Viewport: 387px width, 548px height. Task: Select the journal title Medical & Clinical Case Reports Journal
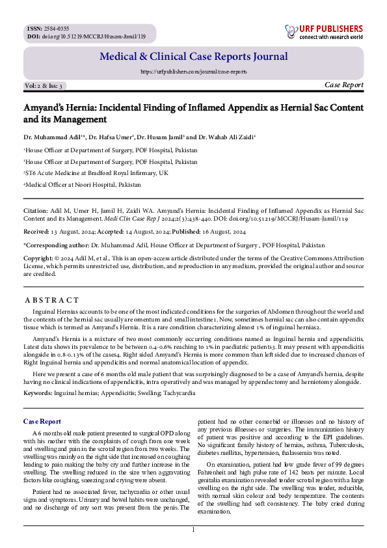(x=193, y=57)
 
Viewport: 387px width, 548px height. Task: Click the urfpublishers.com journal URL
(x=193, y=72)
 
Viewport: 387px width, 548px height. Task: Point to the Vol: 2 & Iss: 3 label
(x=44, y=86)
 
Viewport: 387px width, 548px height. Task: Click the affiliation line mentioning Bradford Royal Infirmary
(x=96, y=172)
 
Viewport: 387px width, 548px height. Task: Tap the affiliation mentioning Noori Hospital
(x=82, y=184)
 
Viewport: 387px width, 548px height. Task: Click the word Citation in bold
(x=35, y=211)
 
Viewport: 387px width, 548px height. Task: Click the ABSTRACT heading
(x=51, y=300)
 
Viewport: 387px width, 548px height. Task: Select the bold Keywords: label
(x=38, y=393)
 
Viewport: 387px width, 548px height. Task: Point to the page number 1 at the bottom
(x=193, y=530)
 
